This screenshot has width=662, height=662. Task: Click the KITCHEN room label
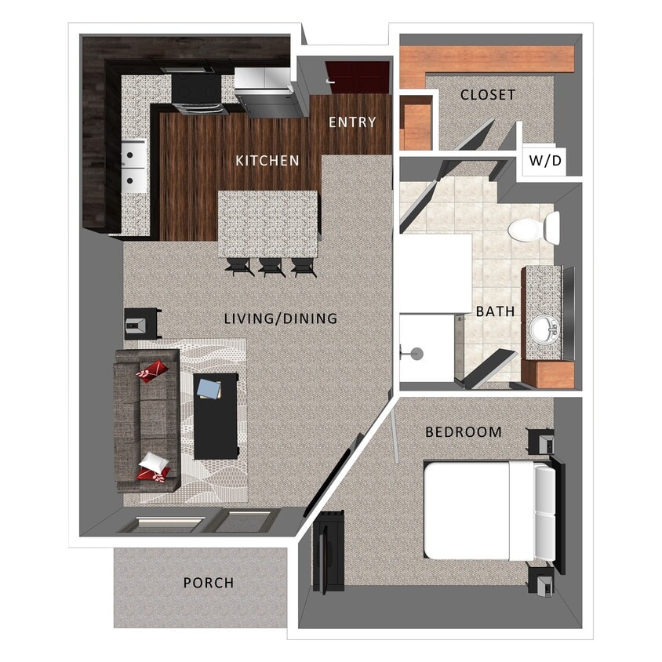pyautogui.click(x=267, y=161)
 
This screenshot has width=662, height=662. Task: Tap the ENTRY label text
pyautogui.click(x=352, y=122)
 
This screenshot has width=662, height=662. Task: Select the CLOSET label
pyautogui.click(x=488, y=95)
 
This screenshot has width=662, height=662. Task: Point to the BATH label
pyautogui.click(x=496, y=311)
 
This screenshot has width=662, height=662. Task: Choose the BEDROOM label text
pyautogui.click(x=464, y=432)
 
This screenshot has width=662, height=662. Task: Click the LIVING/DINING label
pyautogui.click(x=280, y=318)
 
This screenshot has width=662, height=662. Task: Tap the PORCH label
pyautogui.click(x=209, y=583)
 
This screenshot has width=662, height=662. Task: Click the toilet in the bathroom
pyautogui.click(x=533, y=228)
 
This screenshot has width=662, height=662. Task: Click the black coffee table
pyautogui.click(x=216, y=416)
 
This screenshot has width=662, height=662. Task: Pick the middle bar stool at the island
pyautogui.click(x=271, y=267)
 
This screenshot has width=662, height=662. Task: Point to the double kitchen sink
pyautogui.click(x=133, y=166)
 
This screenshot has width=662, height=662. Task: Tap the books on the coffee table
pyautogui.click(x=210, y=389)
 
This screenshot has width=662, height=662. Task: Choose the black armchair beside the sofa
pyautogui.click(x=142, y=322)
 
